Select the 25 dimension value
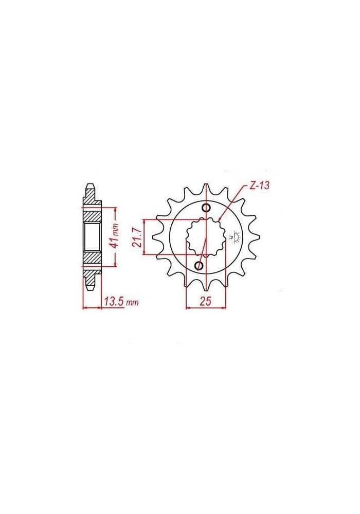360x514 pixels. click(x=206, y=302)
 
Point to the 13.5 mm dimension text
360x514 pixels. click(x=120, y=302)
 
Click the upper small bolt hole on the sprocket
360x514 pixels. click(x=206, y=208)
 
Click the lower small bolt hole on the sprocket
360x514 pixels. click(x=200, y=265)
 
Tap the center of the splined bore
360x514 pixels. click(x=205, y=236)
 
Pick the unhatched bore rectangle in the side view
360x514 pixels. click(x=92, y=237)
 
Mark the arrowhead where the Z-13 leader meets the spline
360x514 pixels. click(x=220, y=219)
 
